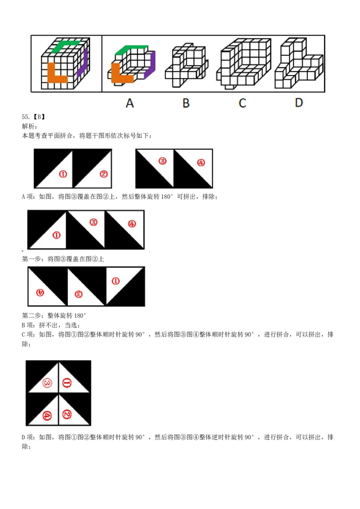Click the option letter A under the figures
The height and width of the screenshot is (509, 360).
click(130, 103)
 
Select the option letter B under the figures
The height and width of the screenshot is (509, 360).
click(186, 103)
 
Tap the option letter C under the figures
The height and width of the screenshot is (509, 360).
click(242, 103)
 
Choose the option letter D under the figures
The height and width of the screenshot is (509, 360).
click(299, 103)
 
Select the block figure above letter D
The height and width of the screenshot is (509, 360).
click(299, 63)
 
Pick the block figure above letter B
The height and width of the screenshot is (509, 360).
click(186, 65)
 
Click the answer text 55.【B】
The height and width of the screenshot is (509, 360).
click(33, 117)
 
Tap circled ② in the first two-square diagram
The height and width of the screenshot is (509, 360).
click(103, 174)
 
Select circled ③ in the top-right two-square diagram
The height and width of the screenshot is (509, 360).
click(162, 161)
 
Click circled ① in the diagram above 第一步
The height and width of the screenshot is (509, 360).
click(56, 235)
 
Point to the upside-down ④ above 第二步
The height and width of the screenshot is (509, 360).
click(40, 292)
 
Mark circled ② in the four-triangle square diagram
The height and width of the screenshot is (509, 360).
click(67, 414)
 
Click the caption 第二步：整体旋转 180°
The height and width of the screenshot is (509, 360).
click(54, 316)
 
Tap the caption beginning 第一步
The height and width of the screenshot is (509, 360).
click(63, 259)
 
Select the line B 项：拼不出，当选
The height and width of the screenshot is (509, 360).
click(51, 325)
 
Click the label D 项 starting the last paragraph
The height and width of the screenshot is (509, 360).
click(28, 437)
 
